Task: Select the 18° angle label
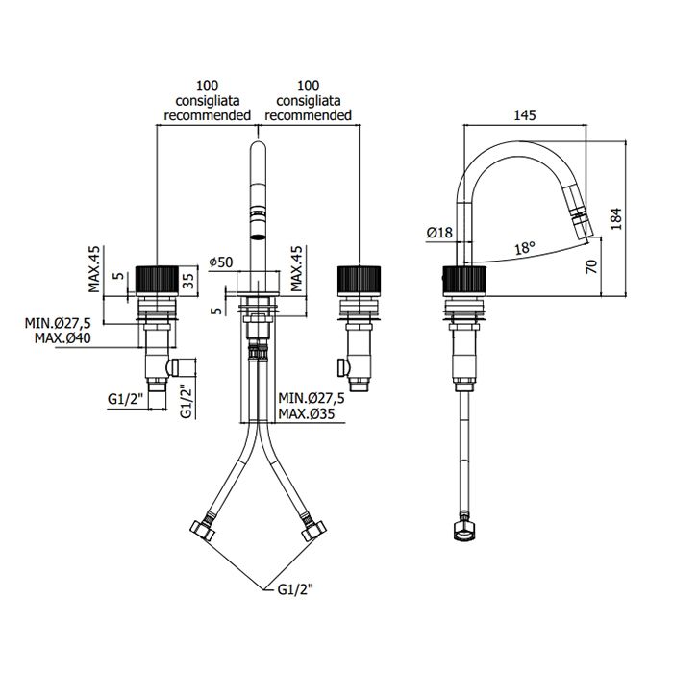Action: [524, 248]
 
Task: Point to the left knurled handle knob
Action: [157, 280]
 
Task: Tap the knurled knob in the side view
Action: [465, 280]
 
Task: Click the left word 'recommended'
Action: [207, 115]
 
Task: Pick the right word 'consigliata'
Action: [309, 100]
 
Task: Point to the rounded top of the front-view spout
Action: [258, 148]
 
